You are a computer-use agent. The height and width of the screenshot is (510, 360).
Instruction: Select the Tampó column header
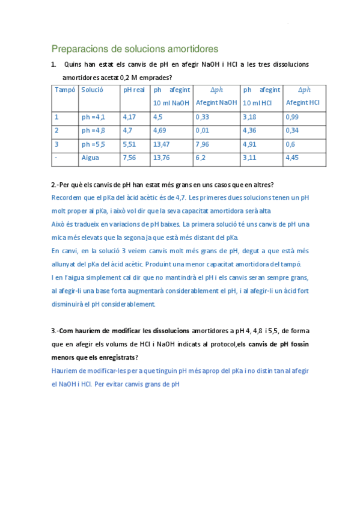(x=65, y=90)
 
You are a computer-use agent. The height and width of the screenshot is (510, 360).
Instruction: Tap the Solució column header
(x=93, y=90)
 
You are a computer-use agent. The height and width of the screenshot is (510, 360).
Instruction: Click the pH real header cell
(x=134, y=90)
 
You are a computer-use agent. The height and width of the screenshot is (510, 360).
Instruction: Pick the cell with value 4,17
(x=129, y=117)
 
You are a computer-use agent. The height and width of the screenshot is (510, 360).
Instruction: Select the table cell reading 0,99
(x=292, y=117)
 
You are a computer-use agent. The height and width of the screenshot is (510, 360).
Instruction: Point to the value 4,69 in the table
(x=160, y=130)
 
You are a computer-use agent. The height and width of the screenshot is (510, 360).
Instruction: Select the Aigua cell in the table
(x=91, y=158)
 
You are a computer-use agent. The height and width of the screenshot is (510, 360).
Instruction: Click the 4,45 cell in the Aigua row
(x=292, y=158)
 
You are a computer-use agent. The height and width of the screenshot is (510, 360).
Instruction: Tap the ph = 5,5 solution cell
(x=94, y=144)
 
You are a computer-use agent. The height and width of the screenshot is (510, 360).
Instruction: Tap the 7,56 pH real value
(x=129, y=158)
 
